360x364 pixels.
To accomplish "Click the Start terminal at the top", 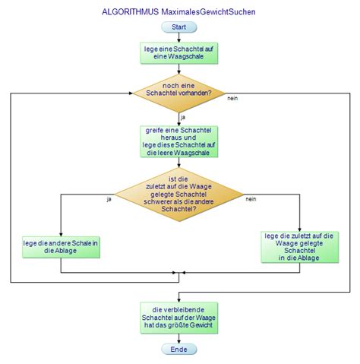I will click(179, 27).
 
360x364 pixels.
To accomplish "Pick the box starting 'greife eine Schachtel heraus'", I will click(179, 141).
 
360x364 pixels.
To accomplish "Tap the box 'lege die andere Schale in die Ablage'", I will click(61, 246).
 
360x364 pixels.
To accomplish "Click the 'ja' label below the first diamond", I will click(183, 116).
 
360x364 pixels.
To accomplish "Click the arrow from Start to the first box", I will click(179, 37).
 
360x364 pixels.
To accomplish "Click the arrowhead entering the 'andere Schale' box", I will click(61, 232).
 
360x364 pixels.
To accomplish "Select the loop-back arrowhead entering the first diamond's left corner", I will click(131, 93).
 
